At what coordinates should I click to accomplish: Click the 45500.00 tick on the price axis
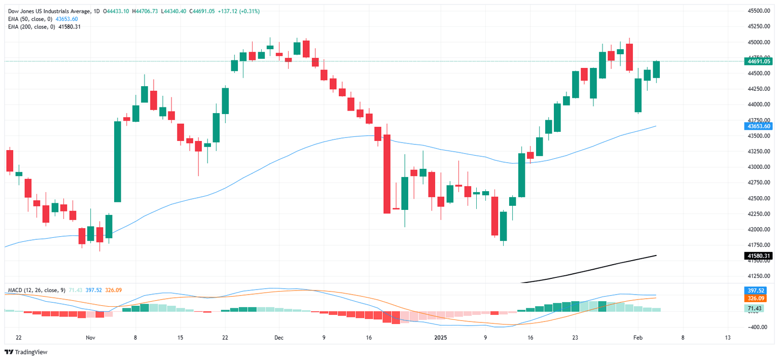tap(759, 11)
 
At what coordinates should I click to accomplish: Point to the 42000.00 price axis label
tap(759, 229)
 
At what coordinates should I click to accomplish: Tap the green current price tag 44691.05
tap(759, 61)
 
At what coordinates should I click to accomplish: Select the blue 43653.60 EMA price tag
tap(759, 126)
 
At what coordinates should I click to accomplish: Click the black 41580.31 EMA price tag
tap(759, 256)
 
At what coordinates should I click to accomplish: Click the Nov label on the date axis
tap(90, 337)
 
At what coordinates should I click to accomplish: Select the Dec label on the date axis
tap(278, 337)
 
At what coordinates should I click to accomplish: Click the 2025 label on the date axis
tap(441, 337)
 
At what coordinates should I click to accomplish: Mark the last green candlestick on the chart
tap(656, 69)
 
